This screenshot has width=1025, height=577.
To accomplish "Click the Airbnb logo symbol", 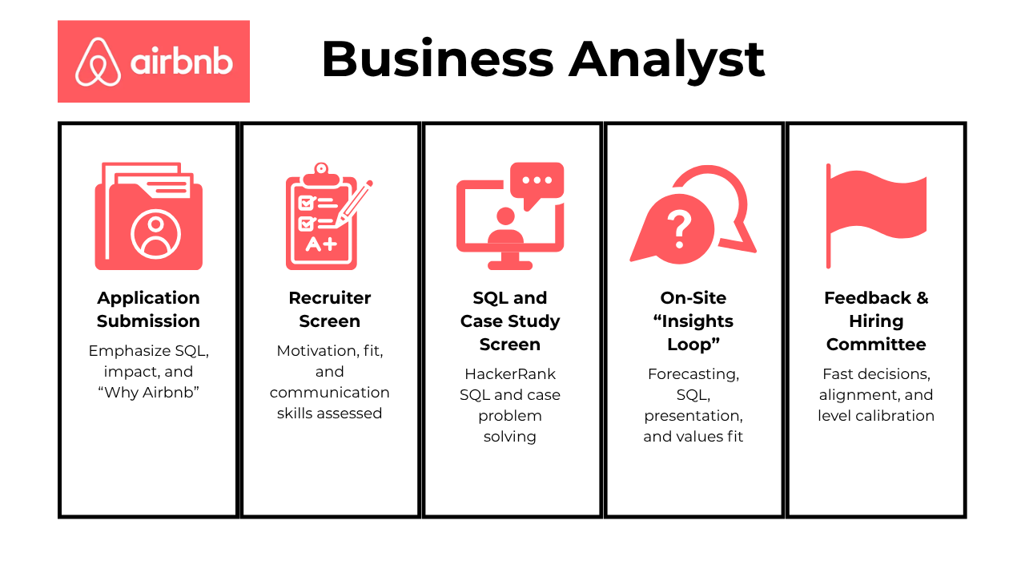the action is (x=98, y=62).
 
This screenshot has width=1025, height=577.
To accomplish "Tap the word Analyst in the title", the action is (x=666, y=60).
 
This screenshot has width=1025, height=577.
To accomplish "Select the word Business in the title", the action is (x=438, y=59).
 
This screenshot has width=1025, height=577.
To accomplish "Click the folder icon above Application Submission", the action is (x=149, y=216).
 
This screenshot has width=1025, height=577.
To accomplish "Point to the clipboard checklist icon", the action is (x=328, y=216).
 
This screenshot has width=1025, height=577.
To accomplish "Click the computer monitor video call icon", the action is (x=510, y=216).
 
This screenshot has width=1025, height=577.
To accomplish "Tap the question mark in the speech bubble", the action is (x=680, y=230).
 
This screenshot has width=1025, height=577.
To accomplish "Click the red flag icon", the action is (x=876, y=216).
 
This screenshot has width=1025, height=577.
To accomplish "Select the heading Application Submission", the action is (x=148, y=309).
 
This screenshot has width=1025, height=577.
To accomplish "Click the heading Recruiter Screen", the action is (x=329, y=309).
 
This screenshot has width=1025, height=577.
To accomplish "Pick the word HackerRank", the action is (x=510, y=374).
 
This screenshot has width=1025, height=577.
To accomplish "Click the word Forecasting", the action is (x=693, y=374).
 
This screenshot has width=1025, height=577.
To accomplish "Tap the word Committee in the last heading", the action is (x=876, y=345).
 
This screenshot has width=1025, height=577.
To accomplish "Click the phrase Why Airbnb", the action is (x=148, y=393).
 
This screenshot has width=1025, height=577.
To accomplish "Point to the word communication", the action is (x=329, y=393).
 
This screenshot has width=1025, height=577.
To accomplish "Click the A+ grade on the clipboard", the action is (x=321, y=244).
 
